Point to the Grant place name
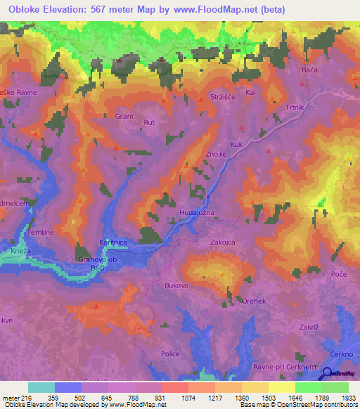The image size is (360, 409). [124, 117]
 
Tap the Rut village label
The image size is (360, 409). [149, 122]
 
